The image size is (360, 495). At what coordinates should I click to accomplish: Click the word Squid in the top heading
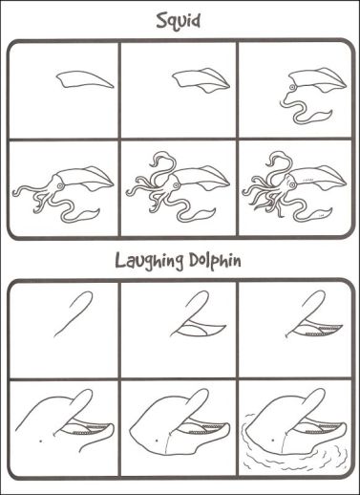[x=179, y=22]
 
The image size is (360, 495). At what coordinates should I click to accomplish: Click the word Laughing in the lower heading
[x=149, y=261]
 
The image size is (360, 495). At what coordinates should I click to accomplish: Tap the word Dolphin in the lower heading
[x=215, y=260]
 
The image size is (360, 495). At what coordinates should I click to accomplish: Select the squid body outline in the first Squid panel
[x=85, y=79]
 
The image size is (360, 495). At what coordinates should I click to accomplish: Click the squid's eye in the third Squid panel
[x=291, y=87]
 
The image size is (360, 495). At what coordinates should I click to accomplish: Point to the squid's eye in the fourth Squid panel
[x=59, y=185]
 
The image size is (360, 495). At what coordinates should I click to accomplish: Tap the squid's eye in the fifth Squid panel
[x=175, y=185]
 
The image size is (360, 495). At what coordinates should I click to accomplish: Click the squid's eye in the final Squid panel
[x=291, y=183]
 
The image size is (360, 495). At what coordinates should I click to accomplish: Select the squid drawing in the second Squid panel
[x=201, y=80]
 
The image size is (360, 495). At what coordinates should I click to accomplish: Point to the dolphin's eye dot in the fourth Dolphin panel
[x=41, y=441]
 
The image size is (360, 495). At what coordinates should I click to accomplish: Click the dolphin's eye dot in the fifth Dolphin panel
[x=157, y=441]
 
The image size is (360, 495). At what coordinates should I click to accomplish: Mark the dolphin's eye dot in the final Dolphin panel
[x=273, y=440]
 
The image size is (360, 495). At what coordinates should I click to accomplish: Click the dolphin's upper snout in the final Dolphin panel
[x=313, y=404]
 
